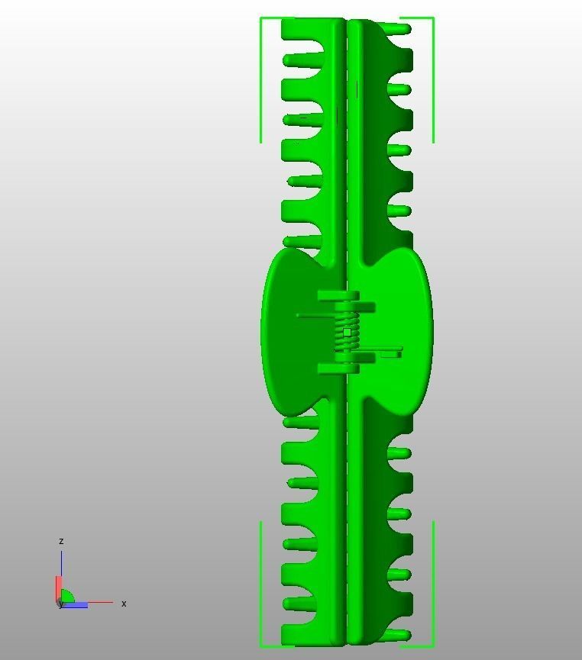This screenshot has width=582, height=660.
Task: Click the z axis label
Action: click(x=61, y=541)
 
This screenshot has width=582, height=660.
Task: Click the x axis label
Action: click(x=124, y=604)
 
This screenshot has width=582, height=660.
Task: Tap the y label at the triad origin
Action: click(x=60, y=604)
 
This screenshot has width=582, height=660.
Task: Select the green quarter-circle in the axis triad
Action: click(x=67, y=597)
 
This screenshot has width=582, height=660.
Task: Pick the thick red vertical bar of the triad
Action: click(x=57, y=588)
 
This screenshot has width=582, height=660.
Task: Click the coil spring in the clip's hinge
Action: click(x=346, y=333)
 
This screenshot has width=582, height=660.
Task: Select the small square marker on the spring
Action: click(x=347, y=332)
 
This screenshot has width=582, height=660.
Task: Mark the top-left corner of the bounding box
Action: click(x=261, y=18)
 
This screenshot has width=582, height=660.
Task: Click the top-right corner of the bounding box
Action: click(x=433, y=18)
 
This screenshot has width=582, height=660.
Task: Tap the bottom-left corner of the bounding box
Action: click(x=261, y=647)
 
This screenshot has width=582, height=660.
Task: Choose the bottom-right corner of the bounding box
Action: click(x=433, y=647)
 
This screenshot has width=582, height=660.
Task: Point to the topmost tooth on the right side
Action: click(x=398, y=29)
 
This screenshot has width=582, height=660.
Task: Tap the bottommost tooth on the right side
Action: click(x=398, y=635)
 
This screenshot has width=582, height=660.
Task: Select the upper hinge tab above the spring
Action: click(x=338, y=295)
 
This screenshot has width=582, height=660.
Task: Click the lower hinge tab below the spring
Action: click(x=338, y=369)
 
